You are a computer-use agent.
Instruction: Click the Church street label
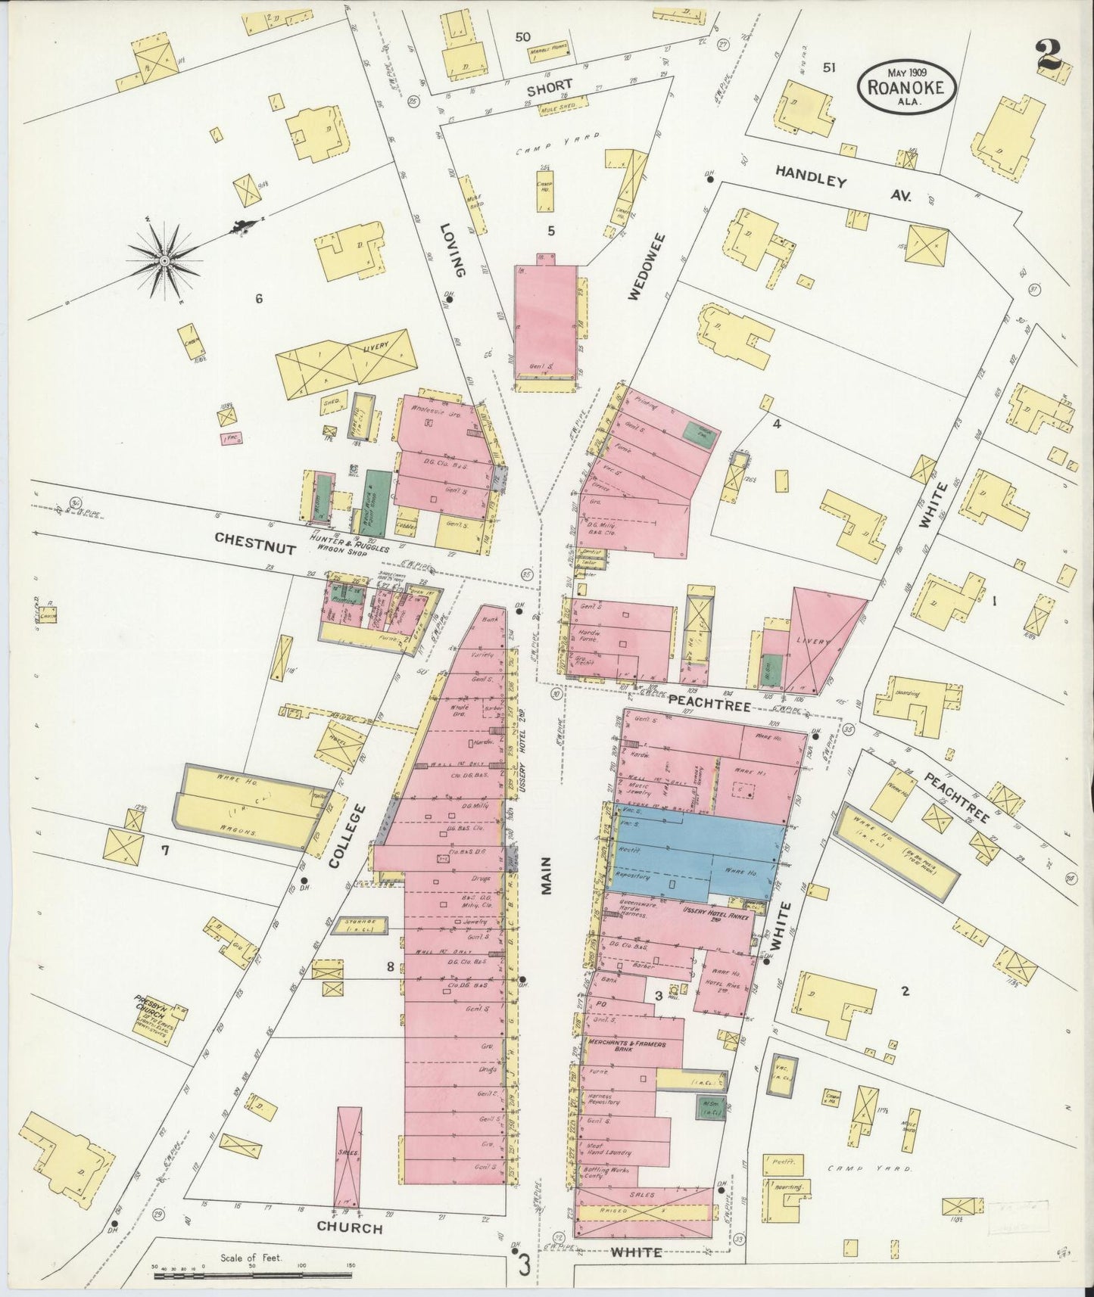click(349, 1228)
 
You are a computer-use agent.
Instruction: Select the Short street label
click(550, 88)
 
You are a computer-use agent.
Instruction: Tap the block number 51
click(829, 67)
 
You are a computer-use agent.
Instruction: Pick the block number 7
click(164, 851)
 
